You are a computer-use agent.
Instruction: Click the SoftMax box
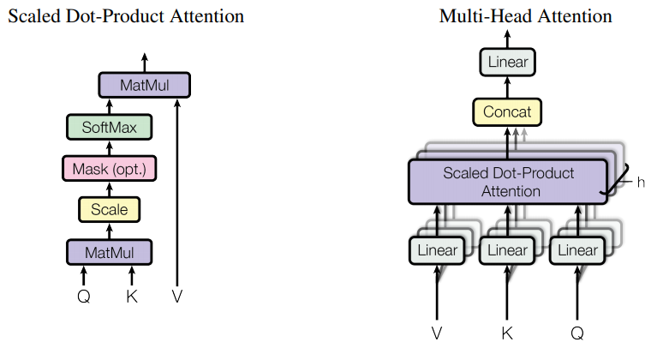(x=109, y=128)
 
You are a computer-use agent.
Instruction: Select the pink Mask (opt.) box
(x=109, y=168)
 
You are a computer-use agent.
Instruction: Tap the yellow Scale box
(x=109, y=208)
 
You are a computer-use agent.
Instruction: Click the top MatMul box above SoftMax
(x=144, y=85)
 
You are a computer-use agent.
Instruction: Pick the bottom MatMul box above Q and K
(x=109, y=252)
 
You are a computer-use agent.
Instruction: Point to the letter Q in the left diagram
(x=84, y=296)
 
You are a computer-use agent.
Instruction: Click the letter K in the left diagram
(x=132, y=296)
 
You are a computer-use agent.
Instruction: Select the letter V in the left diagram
(x=177, y=296)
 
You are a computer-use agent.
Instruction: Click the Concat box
(x=507, y=111)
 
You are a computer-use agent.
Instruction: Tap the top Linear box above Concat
(x=507, y=62)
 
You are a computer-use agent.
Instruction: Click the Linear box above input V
(x=437, y=250)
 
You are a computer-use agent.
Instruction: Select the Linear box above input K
(x=507, y=250)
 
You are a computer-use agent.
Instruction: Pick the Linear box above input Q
(x=577, y=250)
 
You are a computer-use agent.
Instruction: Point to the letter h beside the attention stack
(x=641, y=182)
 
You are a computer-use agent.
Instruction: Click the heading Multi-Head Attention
(x=525, y=16)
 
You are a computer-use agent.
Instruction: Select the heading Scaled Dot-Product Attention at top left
(x=126, y=16)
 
